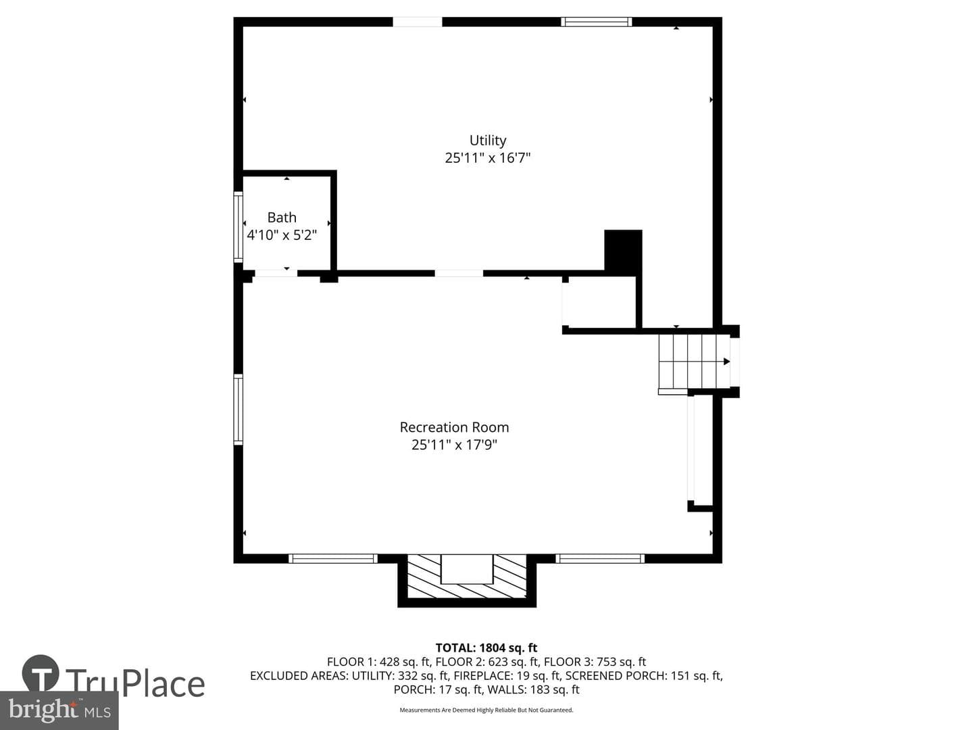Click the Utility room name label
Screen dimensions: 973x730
[488, 141]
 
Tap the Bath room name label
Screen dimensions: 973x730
[282, 217]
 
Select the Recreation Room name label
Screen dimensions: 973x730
[454, 427]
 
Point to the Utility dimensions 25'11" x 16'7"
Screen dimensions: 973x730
[488, 157]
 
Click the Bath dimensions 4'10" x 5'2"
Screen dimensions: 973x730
[282, 235]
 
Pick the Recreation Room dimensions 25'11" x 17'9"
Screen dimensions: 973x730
[454, 445]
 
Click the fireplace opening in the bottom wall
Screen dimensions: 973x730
[467, 568]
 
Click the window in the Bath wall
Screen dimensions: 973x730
[239, 226]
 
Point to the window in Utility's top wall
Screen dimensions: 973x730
[597, 22]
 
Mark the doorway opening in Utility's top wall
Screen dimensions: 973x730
[418, 22]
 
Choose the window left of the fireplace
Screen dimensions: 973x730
[333, 558]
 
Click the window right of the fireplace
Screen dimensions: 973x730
[600, 558]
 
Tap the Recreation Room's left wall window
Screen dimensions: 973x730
[239, 409]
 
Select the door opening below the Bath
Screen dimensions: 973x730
[276, 274]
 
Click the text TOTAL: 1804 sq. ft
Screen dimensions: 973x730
[487, 648]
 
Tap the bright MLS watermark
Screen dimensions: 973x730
[59, 710]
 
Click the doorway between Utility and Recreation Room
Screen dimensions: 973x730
[459, 274]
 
